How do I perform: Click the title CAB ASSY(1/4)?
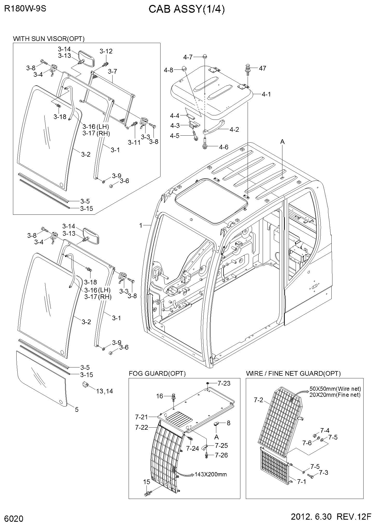[186, 10]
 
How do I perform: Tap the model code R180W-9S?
[25, 9]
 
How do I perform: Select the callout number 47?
[262, 68]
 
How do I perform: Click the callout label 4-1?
[266, 94]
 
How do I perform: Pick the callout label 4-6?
[224, 147]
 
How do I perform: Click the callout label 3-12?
[106, 51]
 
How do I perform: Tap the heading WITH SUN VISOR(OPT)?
[49, 39]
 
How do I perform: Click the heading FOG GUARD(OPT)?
[157, 373]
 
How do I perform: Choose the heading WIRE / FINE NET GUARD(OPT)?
[293, 373]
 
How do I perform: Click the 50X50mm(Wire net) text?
[335, 389]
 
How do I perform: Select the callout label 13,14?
[105, 391]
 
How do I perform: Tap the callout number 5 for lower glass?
[76, 410]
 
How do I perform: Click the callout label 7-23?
[224, 383]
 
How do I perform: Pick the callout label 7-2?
[258, 400]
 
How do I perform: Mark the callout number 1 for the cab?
[141, 226]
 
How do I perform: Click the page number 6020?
[14, 518]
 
